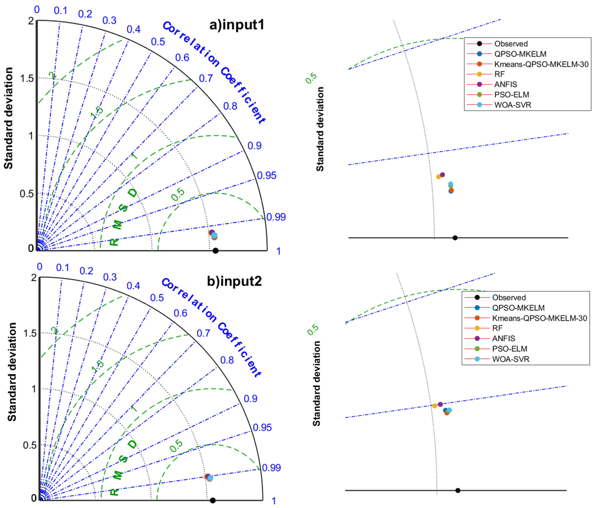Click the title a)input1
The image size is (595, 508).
point(237,25)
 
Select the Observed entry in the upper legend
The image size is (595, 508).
point(511,44)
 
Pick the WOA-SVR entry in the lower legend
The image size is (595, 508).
point(511,359)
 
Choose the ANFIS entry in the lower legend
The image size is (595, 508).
point(503,338)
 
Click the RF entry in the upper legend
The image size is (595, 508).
point(499,74)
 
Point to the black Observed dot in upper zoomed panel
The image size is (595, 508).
point(455,238)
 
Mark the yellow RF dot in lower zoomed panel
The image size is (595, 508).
point(435,406)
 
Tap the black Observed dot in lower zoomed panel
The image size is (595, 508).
point(458,490)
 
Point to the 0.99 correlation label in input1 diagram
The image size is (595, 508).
point(276,217)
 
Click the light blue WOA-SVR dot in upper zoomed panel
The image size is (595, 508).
point(451,184)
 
